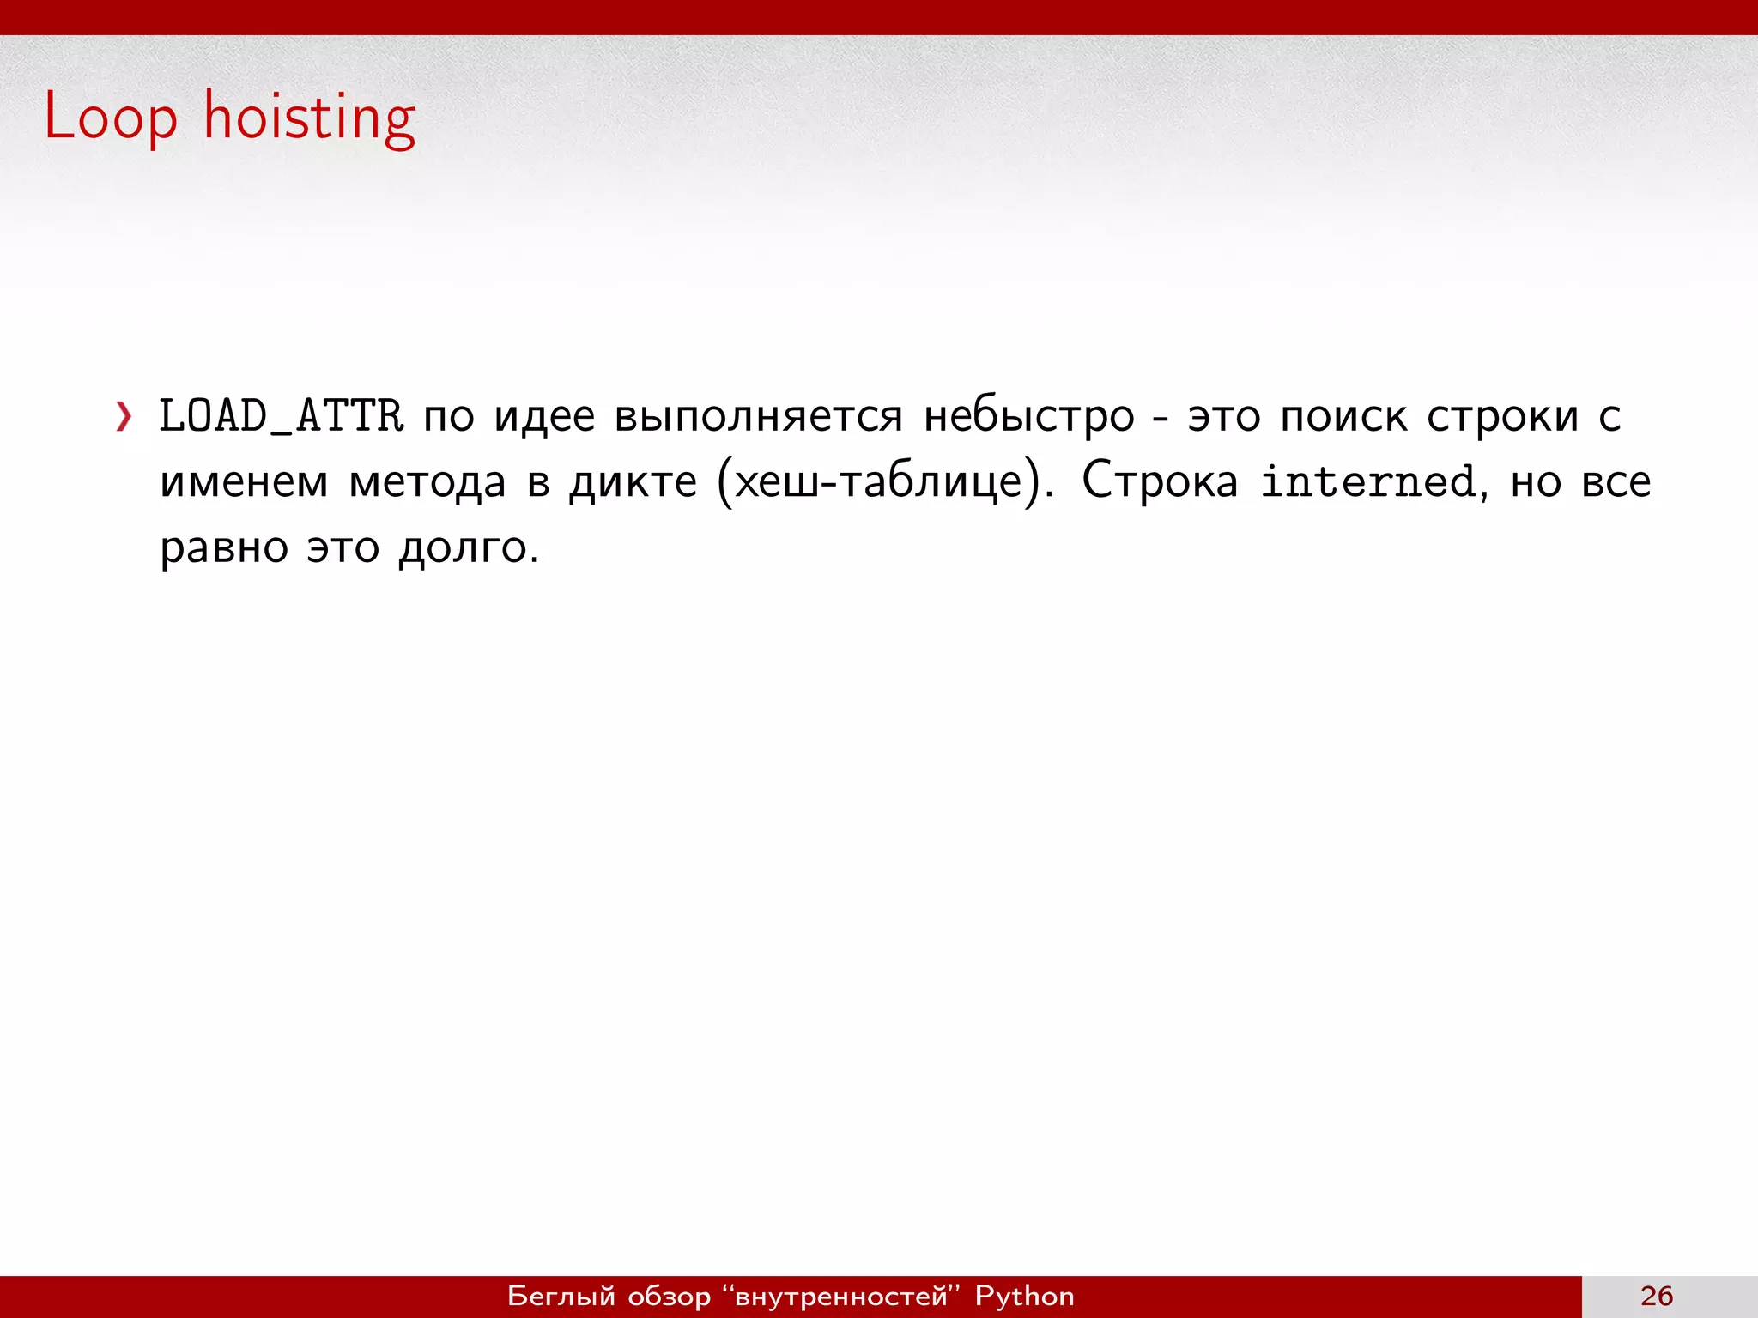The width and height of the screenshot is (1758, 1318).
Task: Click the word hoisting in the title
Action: tap(309, 118)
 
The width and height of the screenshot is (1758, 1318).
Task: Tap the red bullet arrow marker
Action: tap(124, 417)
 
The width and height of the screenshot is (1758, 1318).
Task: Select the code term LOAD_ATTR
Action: tap(282, 417)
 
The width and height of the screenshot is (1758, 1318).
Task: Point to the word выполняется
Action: tap(759, 417)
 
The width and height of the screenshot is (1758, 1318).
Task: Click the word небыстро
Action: tap(1028, 417)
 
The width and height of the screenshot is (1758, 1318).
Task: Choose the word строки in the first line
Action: tap(1502, 417)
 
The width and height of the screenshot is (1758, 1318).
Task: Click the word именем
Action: tap(244, 482)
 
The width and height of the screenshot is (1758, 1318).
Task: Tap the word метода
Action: tap(427, 482)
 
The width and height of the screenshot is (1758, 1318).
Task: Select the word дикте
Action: tap(633, 482)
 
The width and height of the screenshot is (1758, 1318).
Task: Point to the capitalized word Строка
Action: tap(1160, 482)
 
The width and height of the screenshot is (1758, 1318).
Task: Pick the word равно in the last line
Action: tap(224, 547)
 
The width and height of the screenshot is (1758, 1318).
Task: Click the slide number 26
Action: tap(1657, 1297)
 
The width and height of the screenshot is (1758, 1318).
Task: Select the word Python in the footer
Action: tap(1024, 1297)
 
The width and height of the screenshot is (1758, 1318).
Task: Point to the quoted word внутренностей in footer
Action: tap(841, 1297)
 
